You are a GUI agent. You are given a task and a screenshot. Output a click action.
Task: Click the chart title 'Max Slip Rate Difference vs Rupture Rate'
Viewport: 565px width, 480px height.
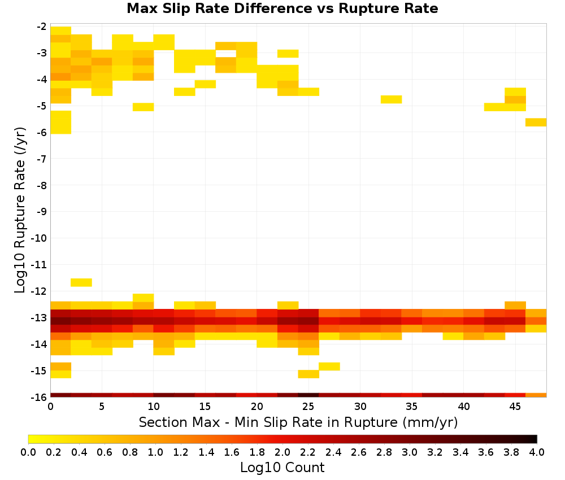(x=282, y=8)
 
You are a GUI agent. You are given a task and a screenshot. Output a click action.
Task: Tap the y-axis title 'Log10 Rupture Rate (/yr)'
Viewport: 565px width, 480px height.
(x=20, y=210)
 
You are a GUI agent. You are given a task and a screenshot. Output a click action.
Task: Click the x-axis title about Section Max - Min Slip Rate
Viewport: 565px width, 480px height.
(x=298, y=422)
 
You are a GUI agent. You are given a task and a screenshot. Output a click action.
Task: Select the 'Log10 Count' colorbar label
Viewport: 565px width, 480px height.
(x=282, y=468)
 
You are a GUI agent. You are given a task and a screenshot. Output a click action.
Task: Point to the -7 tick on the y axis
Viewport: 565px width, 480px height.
(x=42, y=159)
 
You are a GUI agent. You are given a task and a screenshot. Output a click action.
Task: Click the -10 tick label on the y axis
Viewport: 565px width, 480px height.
(x=40, y=238)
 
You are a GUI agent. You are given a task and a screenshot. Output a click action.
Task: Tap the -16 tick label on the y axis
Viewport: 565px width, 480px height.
(x=40, y=397)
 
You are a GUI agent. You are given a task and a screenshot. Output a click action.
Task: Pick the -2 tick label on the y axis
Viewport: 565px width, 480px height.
(x=42, y=27)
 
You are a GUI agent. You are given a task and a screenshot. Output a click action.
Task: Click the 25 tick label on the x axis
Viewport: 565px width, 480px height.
(x=308, y=407)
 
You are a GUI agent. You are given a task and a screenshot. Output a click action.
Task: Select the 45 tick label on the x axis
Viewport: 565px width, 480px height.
(x=515, y=407)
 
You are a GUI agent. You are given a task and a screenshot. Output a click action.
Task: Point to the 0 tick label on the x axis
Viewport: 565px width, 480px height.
(x=50, y=407)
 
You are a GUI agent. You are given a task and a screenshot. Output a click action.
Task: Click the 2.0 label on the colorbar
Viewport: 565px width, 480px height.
(x=282, y=452)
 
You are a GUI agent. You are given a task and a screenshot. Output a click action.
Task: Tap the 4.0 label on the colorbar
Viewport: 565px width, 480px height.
(x=537, y=452)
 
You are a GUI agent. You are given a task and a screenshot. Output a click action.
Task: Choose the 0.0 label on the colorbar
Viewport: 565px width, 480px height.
(x=28, y=452)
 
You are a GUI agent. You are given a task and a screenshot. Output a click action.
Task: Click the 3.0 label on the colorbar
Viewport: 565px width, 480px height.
(x=409, y=452)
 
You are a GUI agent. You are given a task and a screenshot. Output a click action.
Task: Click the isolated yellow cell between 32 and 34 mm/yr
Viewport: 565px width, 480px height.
(x=392, y=99)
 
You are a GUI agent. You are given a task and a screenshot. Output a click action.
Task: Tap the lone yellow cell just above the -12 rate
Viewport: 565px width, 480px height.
(x=81, y=282)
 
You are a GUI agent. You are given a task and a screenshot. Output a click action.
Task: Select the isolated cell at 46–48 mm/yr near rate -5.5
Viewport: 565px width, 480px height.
(x=536, y=122)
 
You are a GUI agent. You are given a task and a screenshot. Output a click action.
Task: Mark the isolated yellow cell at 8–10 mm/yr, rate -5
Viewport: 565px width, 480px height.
(x=144, y=107)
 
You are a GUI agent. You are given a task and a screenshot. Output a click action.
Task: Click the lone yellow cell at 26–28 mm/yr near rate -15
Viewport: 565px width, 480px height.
(x=329, y=366)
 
